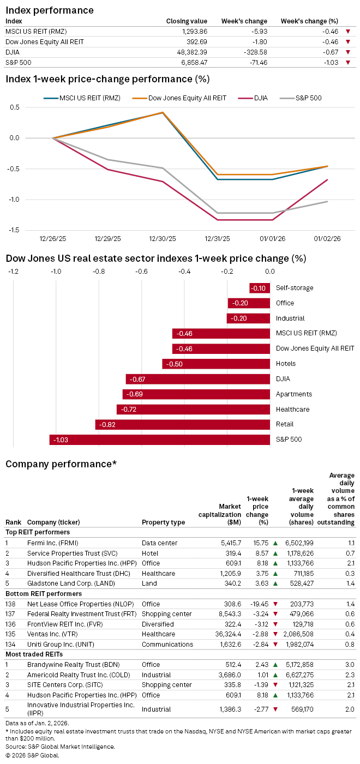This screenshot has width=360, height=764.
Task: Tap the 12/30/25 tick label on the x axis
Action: [163, 238]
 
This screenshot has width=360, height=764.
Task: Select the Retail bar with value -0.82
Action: [183, 424]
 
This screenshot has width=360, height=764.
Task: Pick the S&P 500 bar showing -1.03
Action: [160, 440]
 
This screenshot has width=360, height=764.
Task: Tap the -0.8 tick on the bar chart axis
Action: [99, 272]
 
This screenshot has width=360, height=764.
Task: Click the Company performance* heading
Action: [61, 464]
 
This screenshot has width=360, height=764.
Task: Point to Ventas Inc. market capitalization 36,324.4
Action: [226, 634]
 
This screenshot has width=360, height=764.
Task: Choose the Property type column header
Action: [163, 522]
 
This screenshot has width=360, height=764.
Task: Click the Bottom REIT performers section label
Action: [43, 593]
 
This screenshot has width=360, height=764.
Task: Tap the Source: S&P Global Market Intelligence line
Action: [61, 746]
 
